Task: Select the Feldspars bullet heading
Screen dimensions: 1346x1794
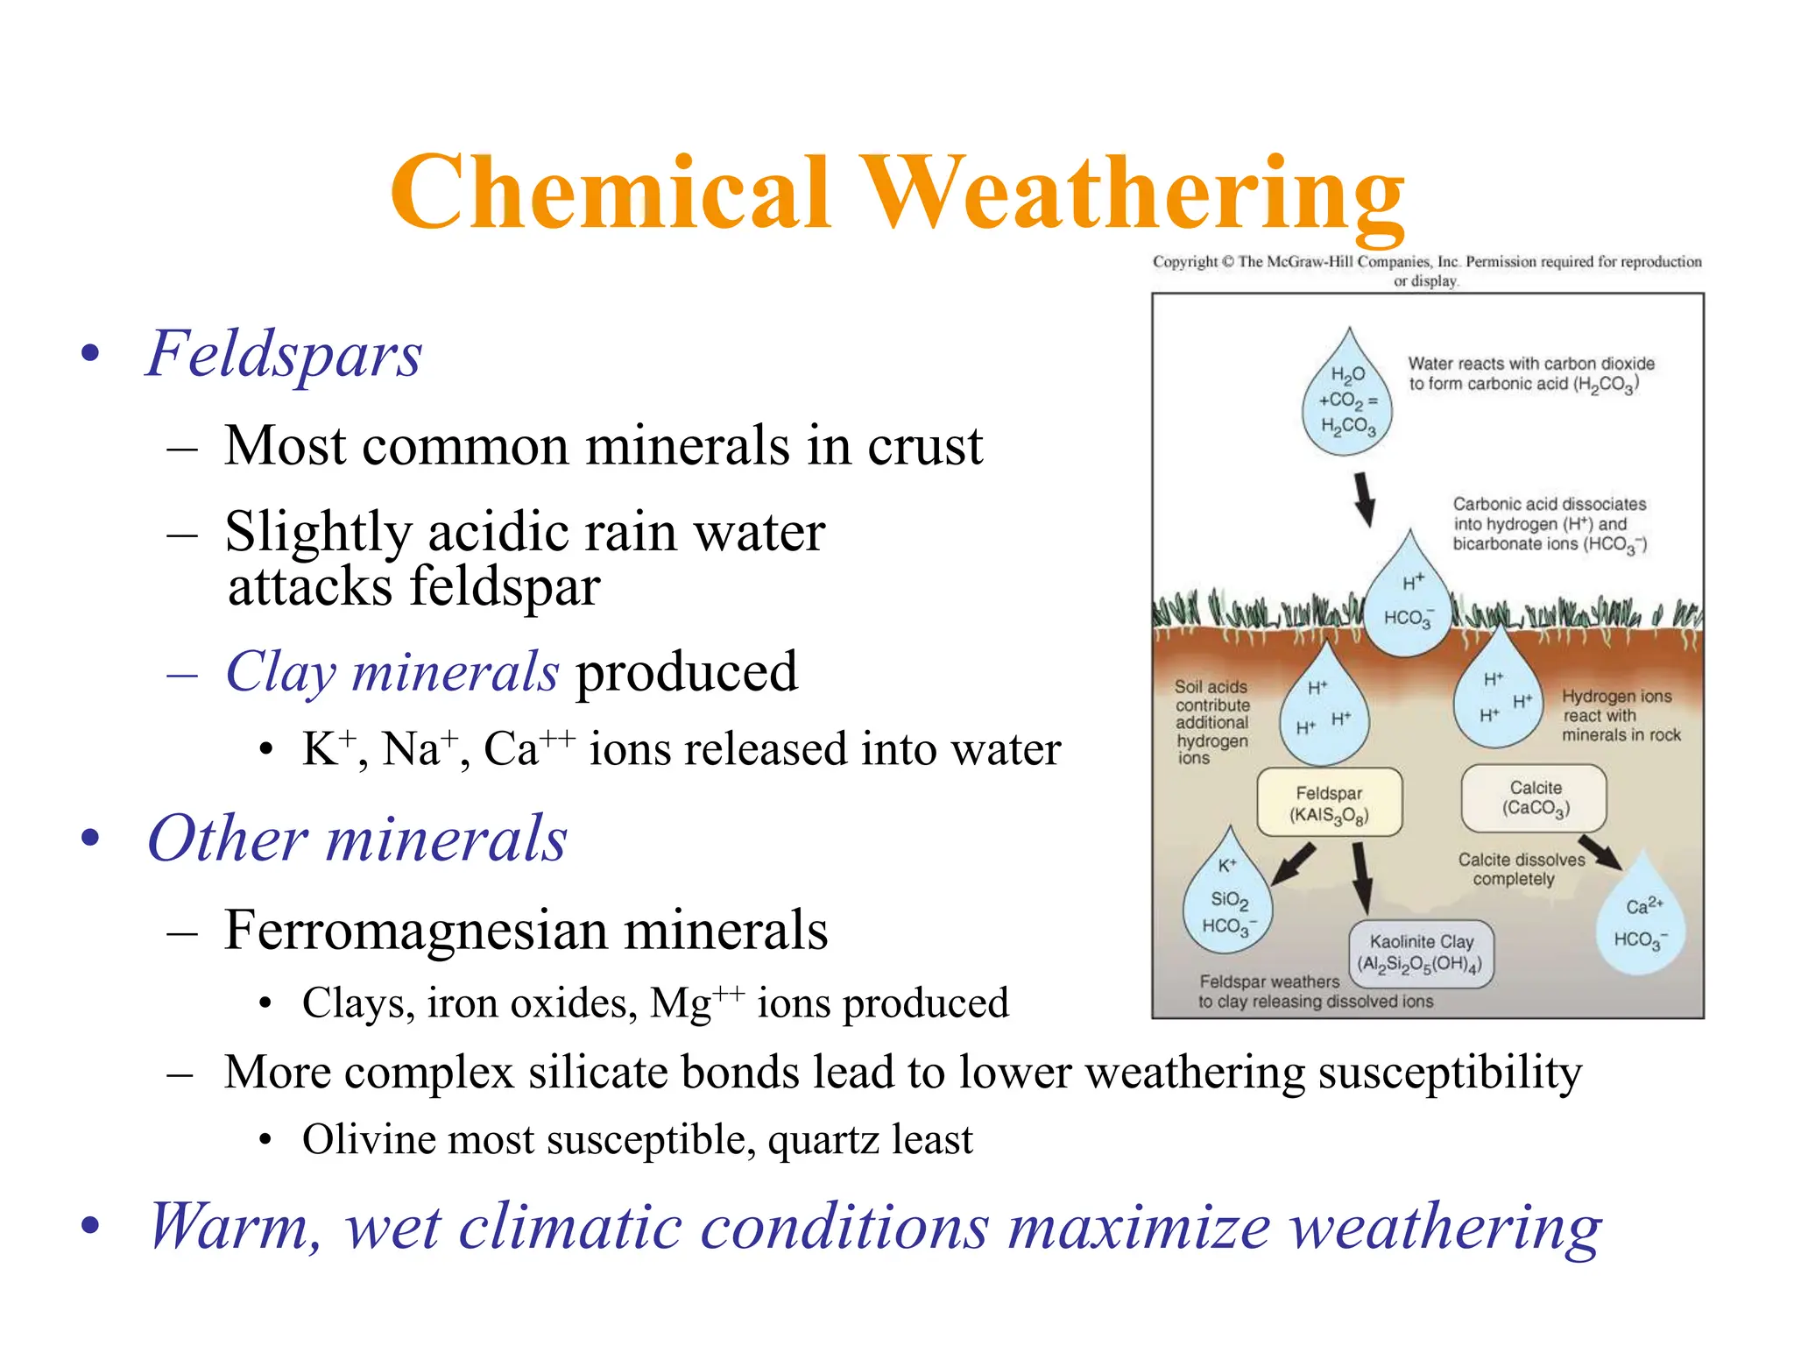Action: point(284,354)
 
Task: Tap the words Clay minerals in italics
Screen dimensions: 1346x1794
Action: point(392,672)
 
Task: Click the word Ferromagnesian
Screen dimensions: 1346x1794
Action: point(416,931)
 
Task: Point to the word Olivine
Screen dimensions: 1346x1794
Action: point(367,1140)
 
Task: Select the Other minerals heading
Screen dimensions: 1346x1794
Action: point(357,839)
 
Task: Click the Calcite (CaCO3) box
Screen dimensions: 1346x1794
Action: point(1534,798)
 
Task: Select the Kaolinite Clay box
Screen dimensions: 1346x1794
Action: point(1421,953)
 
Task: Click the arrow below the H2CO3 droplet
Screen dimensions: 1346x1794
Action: point(1364,499)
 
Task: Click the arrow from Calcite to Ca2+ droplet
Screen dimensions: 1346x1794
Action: point(1600,851)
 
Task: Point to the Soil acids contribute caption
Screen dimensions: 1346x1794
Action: point(1211,722)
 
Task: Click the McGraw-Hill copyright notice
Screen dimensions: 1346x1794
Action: point(1426,271)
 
